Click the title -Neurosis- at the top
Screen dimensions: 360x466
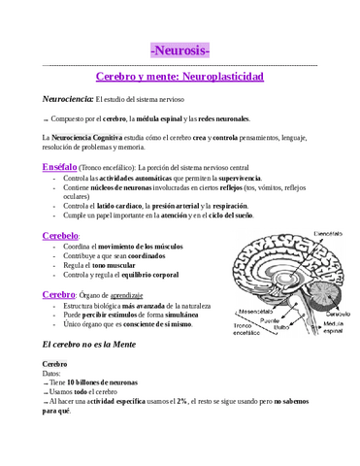[x=180, y=50]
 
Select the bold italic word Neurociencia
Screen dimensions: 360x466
[x=67, y=99]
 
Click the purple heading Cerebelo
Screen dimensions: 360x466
[x=60, y=236]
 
